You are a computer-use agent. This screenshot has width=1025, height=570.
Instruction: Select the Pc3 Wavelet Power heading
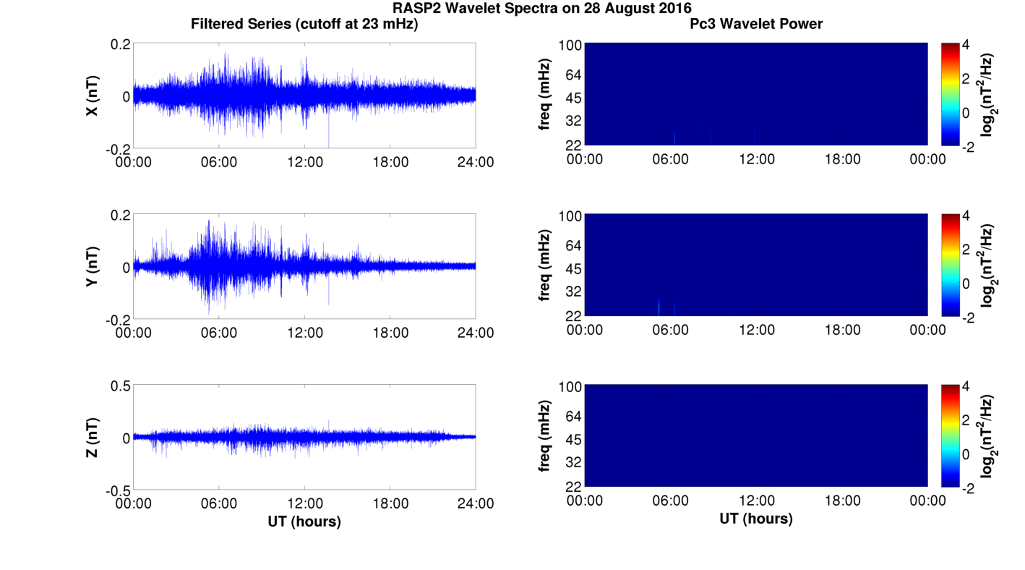coord(756,24)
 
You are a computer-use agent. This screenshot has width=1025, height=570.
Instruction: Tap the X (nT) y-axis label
coord(92,95)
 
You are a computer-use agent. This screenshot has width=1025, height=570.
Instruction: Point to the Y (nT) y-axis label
coord(92,266)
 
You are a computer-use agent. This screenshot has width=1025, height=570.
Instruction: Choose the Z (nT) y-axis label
coord(92,437)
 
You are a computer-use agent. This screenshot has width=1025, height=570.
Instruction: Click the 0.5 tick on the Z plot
coord(120,386)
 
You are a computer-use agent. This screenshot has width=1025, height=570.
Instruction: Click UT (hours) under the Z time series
coord(304,522)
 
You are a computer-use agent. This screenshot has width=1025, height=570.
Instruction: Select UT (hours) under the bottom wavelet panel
coord(756,519)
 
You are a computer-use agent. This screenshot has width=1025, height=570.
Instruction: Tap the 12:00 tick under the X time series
coord(305,162)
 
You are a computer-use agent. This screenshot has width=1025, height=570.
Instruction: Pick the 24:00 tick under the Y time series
coord(476,333)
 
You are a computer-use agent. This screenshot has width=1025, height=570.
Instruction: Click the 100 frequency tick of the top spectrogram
coord(570,46)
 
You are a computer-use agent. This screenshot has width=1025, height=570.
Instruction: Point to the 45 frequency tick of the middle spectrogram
coord(573,269)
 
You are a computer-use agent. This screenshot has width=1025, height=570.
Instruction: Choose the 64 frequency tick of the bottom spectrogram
coord(573,416)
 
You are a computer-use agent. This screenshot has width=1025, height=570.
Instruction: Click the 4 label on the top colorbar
coord(966,44)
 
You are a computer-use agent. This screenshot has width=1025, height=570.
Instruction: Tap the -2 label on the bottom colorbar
coord(969,488)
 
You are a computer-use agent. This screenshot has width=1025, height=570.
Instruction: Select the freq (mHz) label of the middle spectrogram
coord(544,265)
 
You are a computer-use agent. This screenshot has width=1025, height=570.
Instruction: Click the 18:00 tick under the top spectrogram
coord(842,159)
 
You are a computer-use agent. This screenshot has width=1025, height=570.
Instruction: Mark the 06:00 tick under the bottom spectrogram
coord(670,501)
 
